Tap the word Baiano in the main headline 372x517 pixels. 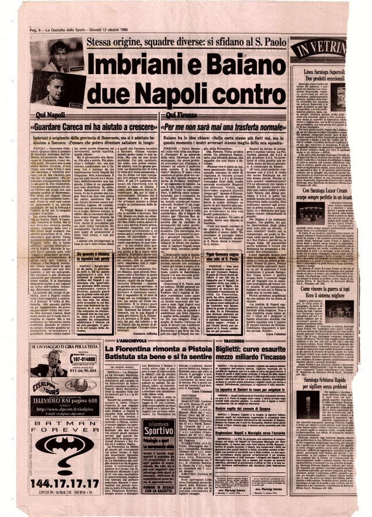coord(236,68)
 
